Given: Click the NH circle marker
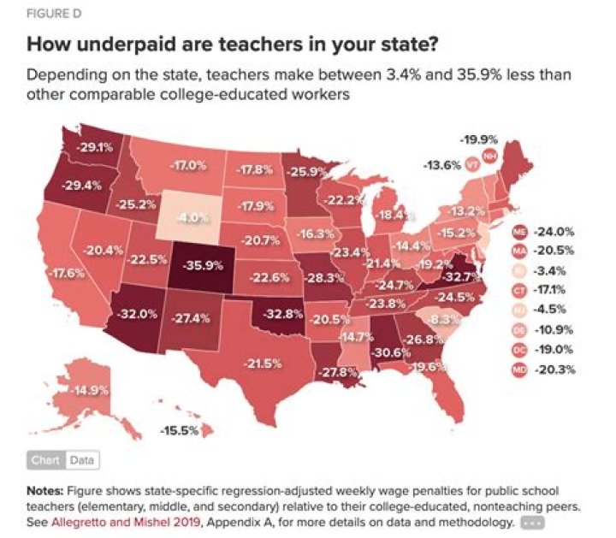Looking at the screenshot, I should click(489, 156).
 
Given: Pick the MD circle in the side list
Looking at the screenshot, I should click(518, 370).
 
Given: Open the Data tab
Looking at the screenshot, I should click(81, 460).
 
